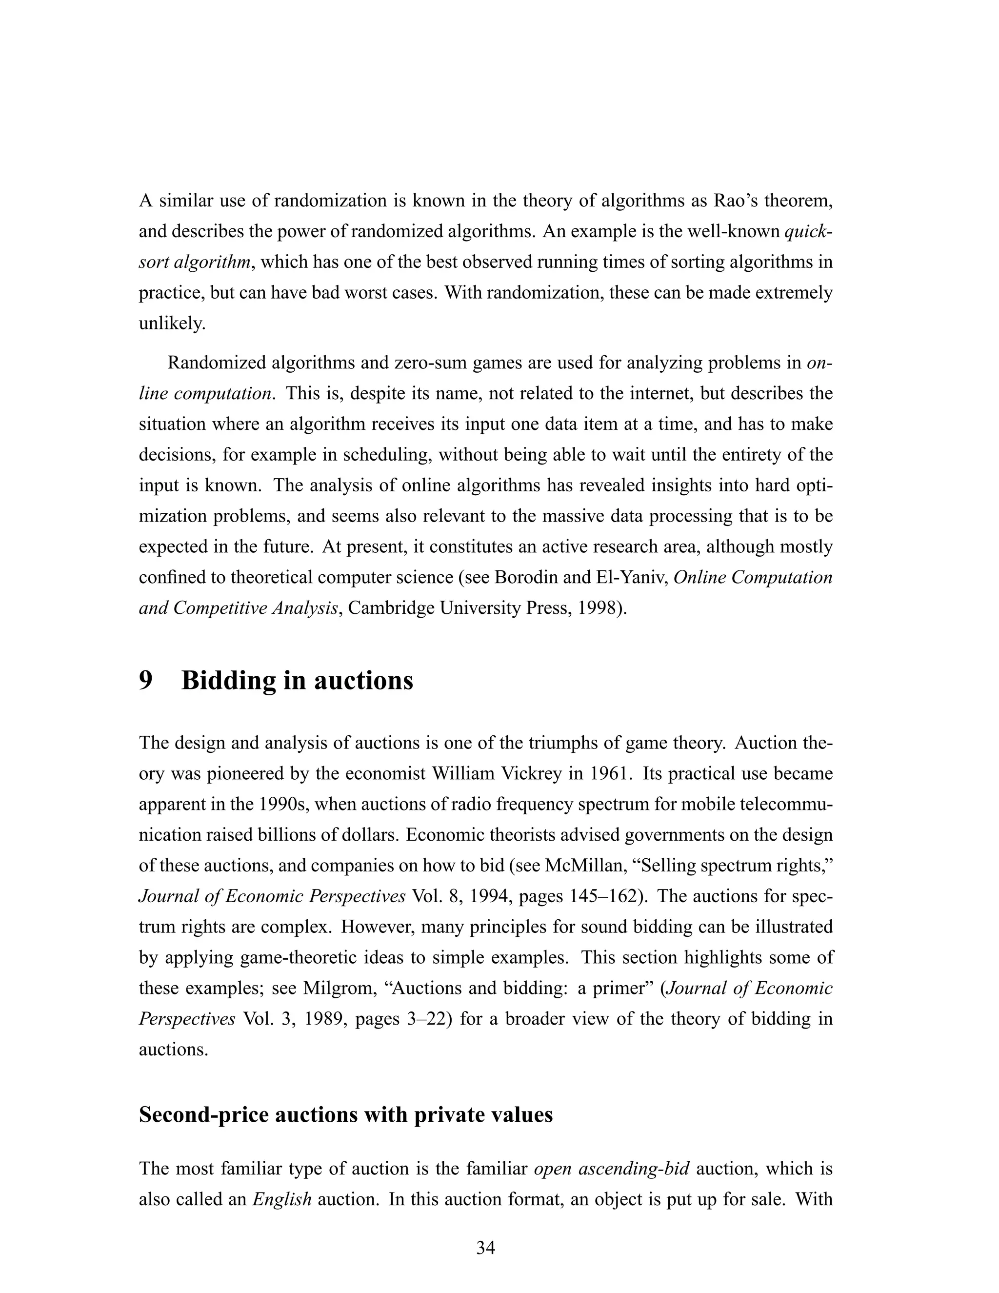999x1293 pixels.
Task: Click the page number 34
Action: pos(485,1248)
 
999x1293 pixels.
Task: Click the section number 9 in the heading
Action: pos(145,680)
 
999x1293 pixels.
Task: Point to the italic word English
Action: pos(282,1199)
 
